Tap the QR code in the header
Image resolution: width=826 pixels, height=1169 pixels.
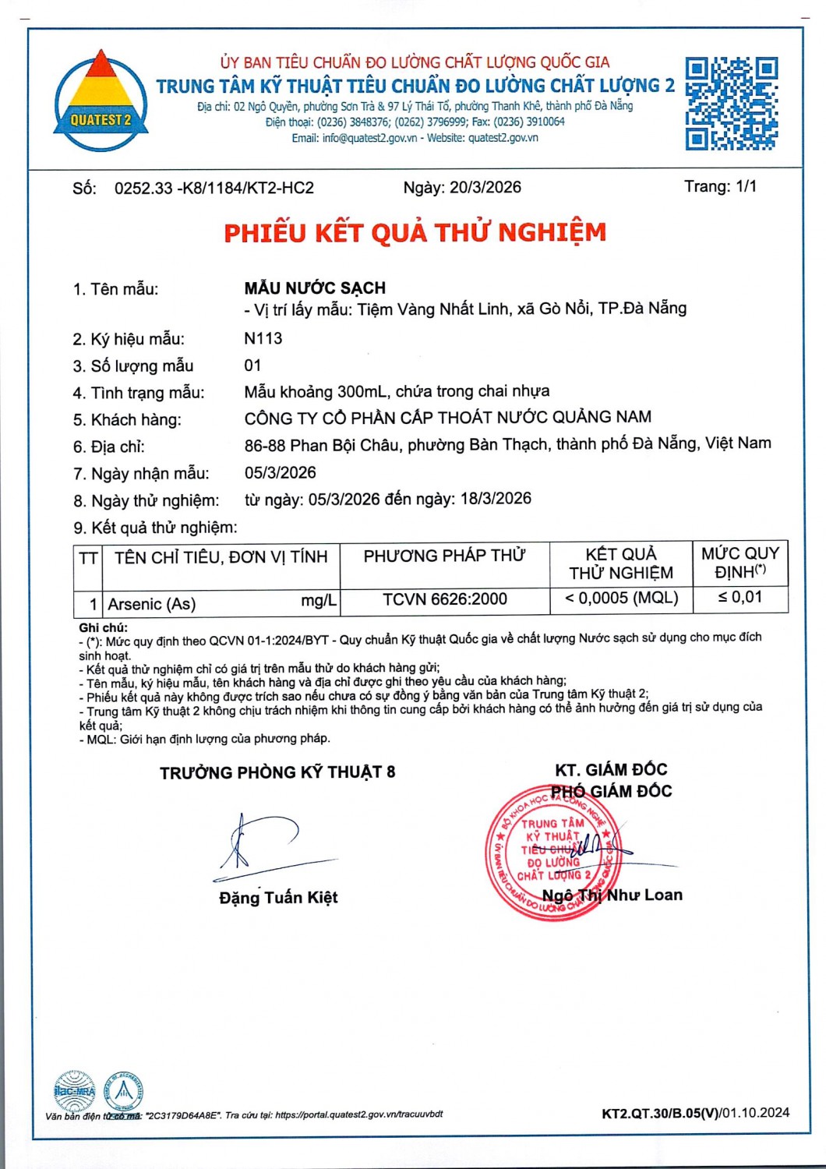pos(731,103)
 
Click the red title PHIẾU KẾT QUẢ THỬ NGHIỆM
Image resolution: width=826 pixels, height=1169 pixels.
pos(415,232)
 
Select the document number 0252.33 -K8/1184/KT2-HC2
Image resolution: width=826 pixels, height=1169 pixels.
pos(214,188)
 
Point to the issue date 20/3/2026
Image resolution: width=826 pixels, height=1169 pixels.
pos(485,187)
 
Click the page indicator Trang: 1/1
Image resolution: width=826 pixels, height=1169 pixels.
pos(720,186)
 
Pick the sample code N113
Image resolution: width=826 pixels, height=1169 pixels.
pos(263,338)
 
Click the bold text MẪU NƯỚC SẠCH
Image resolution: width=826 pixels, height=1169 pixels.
pos(315,288)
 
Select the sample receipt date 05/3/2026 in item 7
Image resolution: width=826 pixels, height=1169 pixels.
pos(281,472)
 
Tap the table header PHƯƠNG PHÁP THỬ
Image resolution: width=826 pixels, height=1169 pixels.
pos(444,556)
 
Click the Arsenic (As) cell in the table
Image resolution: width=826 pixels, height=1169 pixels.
pos(152,604)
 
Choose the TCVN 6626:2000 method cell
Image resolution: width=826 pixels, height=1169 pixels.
pos(444,599)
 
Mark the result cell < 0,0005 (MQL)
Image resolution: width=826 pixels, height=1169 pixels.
pos(621,598)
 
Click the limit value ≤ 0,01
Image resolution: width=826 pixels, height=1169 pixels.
pos(740,597)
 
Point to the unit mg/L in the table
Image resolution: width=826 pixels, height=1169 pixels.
pos(319,601)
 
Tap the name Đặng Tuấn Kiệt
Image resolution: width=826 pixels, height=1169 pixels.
pos(278,897)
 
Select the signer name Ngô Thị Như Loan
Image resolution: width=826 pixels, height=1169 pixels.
pos(612,895)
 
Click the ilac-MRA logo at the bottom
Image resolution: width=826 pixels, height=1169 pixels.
pos(74,1090)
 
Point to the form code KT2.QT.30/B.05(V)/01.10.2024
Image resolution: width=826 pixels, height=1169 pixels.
pos(695,1113)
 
